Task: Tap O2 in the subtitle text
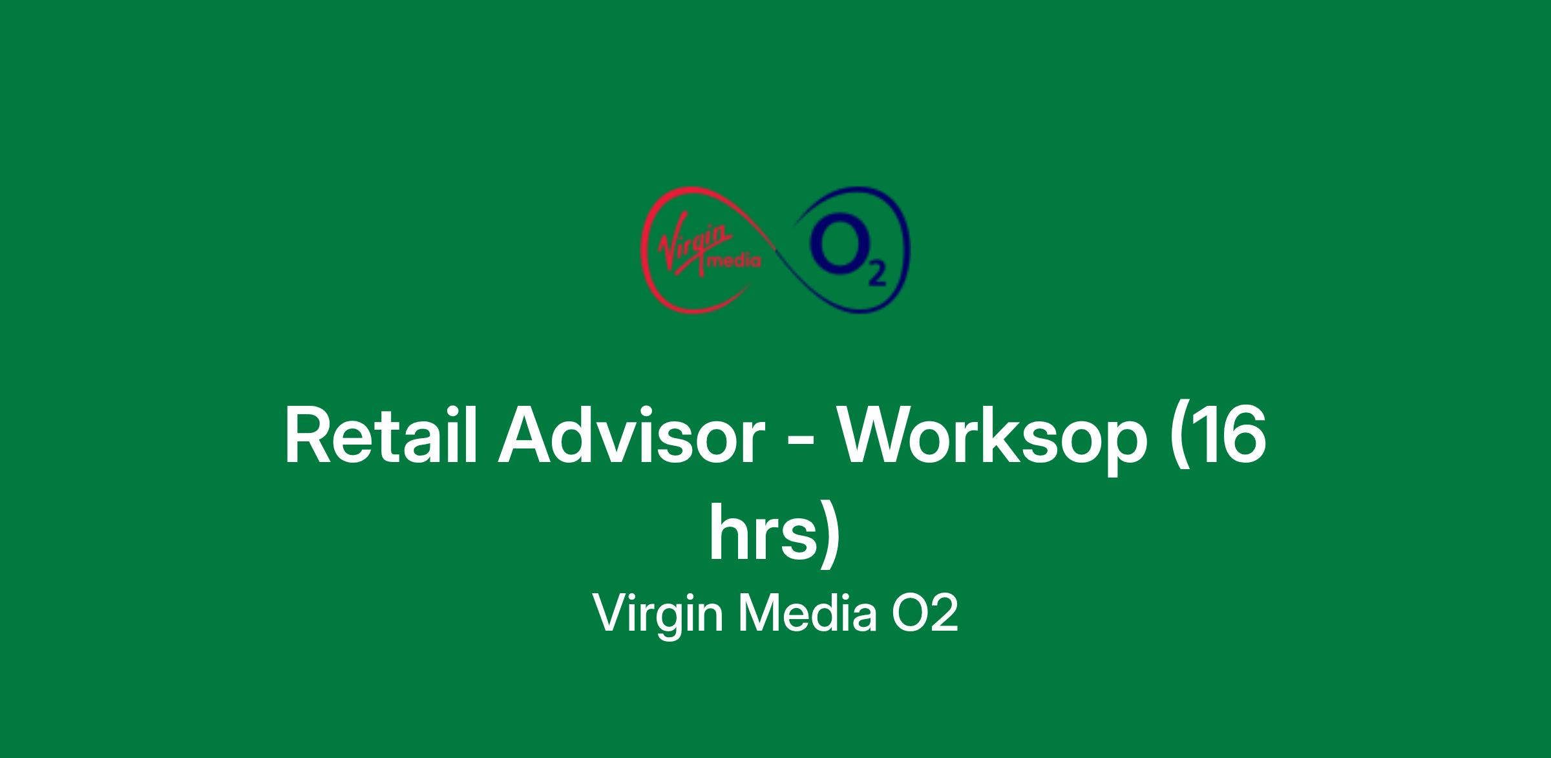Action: [x=925, y=613]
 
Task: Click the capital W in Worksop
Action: [x=881, y=436]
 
